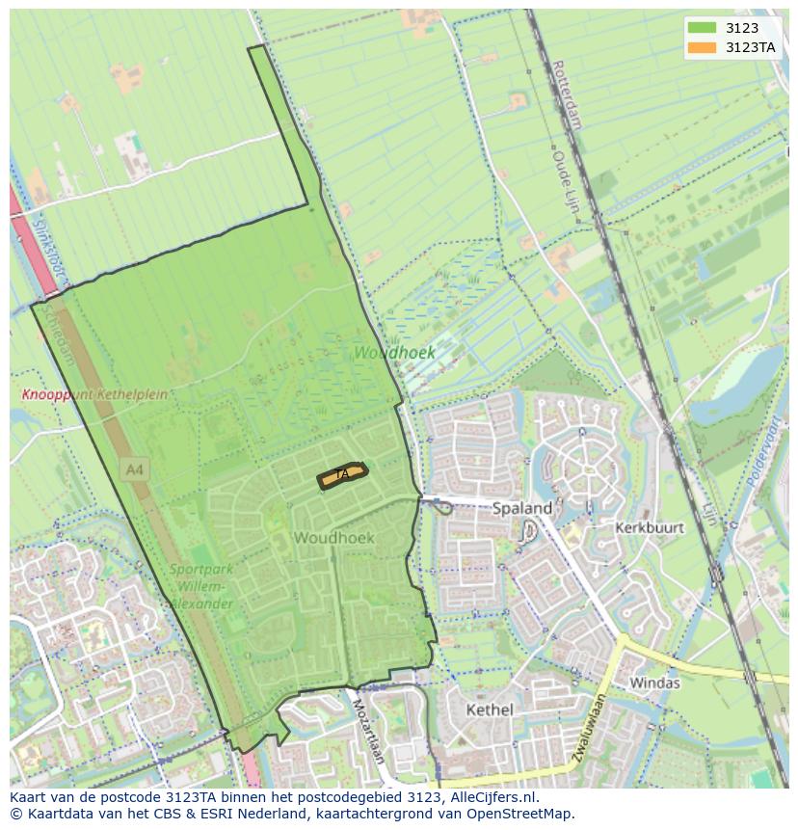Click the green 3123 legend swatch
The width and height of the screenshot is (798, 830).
tap(702, 29)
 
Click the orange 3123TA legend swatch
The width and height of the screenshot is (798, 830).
tap(702, 47)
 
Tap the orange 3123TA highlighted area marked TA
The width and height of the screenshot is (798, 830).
tap(342, 474)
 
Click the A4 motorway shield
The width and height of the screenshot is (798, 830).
tap(135, 470)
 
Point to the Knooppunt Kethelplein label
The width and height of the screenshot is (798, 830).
tap(94, 394)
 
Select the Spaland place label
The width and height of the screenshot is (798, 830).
tap(522, 508)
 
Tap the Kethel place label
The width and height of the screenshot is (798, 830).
tap(490, 710)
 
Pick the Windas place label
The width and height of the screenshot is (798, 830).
tap(654, 683)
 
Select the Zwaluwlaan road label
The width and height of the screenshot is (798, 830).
tap(587, 730)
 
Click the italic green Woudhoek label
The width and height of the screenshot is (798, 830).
tap(394, 353)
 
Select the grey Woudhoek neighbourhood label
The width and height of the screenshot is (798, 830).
tap(333, 537)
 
